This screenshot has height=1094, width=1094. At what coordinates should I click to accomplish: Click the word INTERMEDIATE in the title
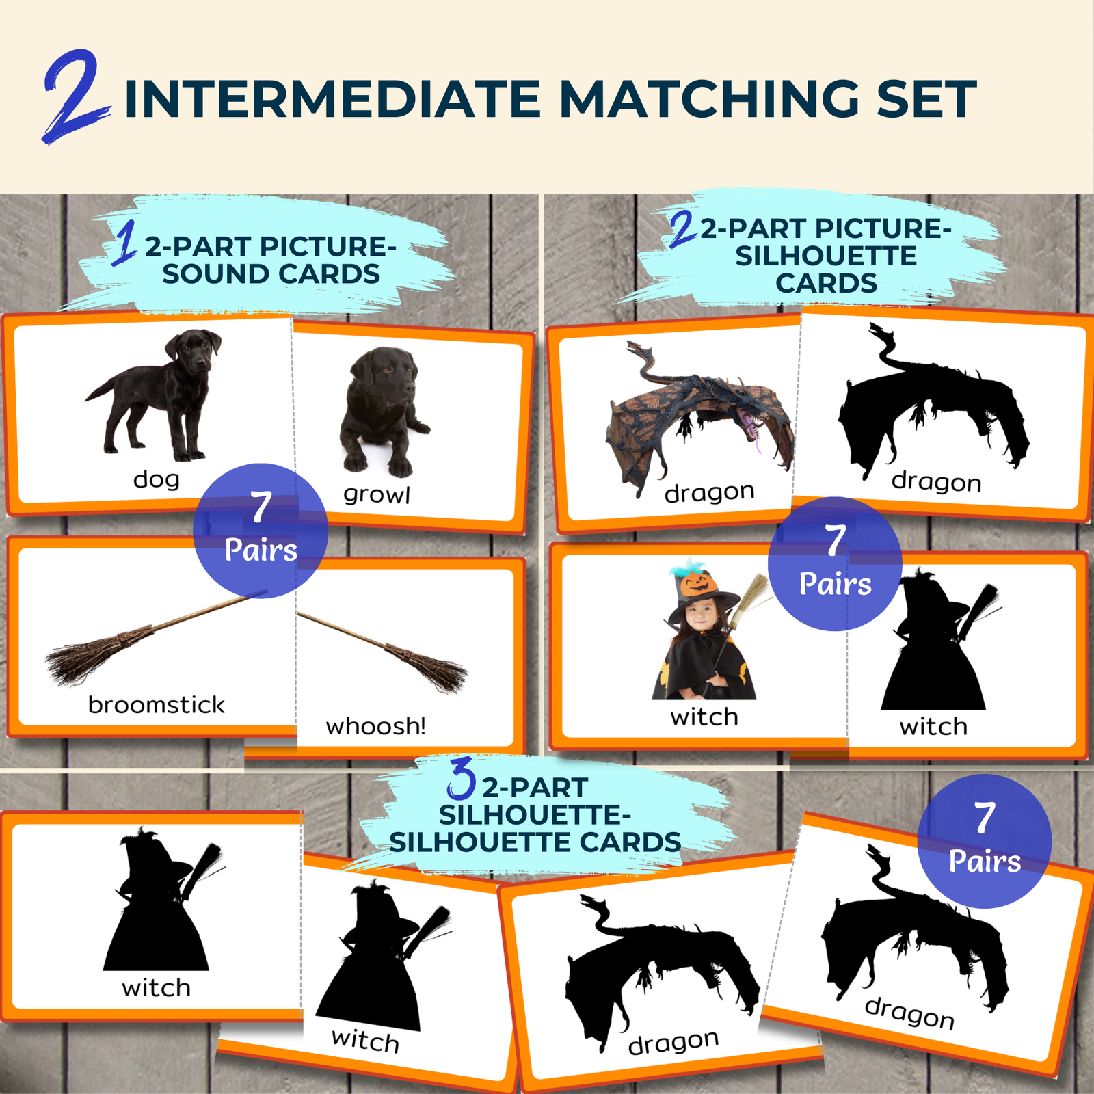click(333, 99)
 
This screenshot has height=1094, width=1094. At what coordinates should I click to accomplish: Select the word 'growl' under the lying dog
click(377, 494)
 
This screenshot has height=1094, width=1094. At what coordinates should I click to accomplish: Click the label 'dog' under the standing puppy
click(157, 479)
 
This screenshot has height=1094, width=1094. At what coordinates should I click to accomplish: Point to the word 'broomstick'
click(156, 704)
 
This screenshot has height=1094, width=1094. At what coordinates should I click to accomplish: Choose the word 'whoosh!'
click(375, 725)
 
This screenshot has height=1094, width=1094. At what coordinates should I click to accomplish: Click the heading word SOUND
click(217, 274)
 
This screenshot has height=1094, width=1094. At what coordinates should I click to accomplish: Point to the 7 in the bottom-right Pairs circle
click(984, 818)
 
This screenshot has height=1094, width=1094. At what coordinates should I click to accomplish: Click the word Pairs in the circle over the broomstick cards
click(261, 550)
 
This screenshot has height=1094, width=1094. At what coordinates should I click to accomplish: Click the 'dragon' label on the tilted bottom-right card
click(909, 1013)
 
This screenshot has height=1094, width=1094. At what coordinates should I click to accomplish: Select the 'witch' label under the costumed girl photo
click(704, 717)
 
